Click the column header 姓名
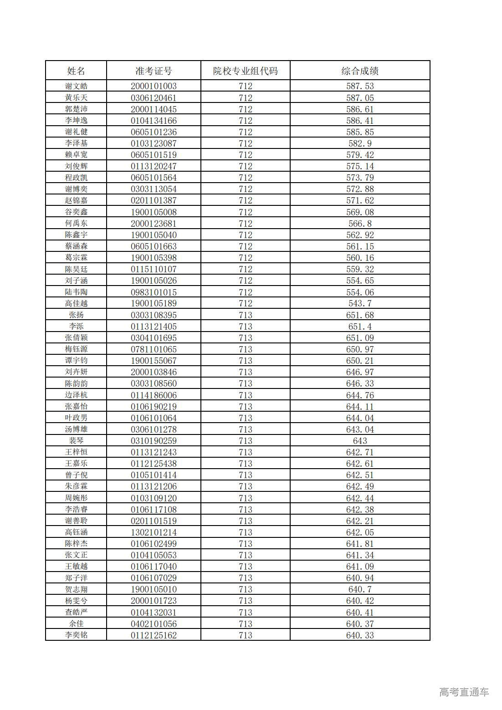tap(76, 71)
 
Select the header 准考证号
tap(154, 71)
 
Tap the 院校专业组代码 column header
tap(245, 71)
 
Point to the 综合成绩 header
tap(360, 71)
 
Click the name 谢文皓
tap(76, 86)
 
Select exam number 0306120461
tap(154, 98)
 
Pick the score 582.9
tap(360, 143)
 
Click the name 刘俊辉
tap(76, 166)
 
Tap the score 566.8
tap(360, 224)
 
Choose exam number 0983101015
tap(154, 292)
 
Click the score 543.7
tap(360, 303)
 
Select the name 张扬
tap(76, 315)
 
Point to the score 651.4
tap(360, 327)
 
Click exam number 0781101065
tap(154, 349)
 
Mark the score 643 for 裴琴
tap(360, 441)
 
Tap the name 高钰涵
tap(76, 532)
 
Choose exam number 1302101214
tap(154, 532)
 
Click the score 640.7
tap(360, 589)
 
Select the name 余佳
tap(76, 624)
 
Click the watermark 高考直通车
tap(464, 692)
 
